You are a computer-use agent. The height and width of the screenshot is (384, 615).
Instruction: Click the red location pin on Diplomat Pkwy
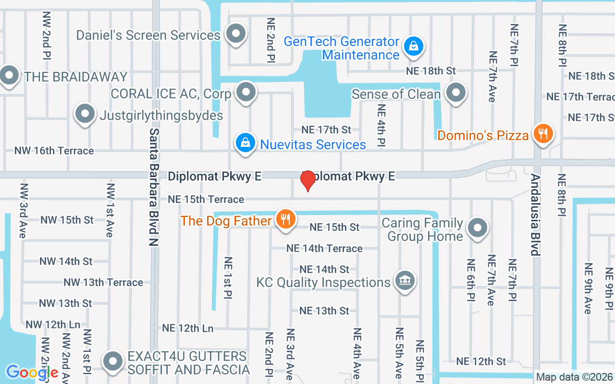pyautogui.click(x=307, y=180)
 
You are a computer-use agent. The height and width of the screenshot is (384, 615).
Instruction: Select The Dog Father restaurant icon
pyautogui.click(x=286, y=219)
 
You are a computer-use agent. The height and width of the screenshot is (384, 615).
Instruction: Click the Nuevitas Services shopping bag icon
pyautogui.click(x=245, y=143)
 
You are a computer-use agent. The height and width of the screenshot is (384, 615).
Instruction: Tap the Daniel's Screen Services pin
pyautogui.click(x=235, y=34)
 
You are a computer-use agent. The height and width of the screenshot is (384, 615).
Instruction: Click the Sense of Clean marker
pyautogui.click(x=455, y=92)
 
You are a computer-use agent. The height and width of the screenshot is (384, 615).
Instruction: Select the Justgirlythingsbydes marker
pyautogui.click(x=85, y=114)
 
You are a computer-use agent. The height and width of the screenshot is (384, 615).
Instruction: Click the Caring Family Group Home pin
pyautogui.click(x=477, y=228)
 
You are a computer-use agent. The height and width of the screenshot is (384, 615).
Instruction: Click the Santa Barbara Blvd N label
pyautogui.click(x=154, y=187)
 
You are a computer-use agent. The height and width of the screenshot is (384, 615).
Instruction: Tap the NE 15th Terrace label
pyautogui.click(x=206, y=199)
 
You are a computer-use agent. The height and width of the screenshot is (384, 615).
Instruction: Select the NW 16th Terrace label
pyautogui.click(x=54, y=151)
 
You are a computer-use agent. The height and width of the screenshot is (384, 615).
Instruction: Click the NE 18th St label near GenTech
pyautogui.click(x=430, y=71)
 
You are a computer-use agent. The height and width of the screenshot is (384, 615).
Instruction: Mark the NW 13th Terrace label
pyautogui.click(x=103, y=282)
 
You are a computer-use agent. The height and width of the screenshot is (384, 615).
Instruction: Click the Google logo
pyautogui.click(x=32, y=372)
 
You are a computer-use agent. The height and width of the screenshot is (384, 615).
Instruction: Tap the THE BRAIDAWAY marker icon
pyautogui.click(x=9, y=75)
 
